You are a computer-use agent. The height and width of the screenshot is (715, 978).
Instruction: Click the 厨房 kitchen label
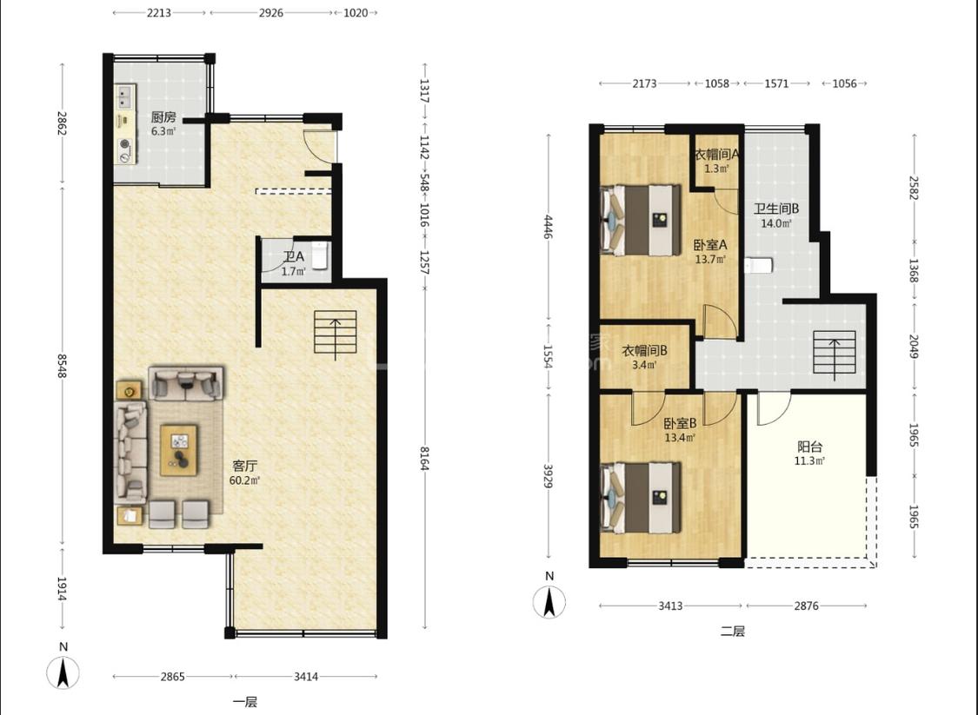coord(163,116)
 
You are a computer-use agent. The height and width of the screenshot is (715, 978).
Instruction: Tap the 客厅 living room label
coord(245,466)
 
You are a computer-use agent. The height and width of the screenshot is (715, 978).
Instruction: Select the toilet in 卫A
coord(319,255)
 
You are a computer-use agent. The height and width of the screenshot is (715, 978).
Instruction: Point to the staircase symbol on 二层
coord(835,354)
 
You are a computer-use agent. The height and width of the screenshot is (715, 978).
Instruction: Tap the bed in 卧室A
coord(641,220)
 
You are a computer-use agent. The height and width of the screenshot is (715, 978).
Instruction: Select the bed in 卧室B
coord(641,498)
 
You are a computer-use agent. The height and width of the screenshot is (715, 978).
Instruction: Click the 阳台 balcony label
coord(810,447)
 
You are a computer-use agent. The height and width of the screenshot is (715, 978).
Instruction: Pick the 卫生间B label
coord(776,209)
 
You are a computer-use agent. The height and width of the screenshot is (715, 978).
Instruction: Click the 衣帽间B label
coord(644,351)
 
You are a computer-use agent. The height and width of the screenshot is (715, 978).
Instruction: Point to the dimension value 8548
coord(63,365)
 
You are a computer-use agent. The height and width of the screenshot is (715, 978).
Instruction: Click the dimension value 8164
coord(424,458)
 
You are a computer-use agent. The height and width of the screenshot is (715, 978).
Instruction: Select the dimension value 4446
coord(549,227)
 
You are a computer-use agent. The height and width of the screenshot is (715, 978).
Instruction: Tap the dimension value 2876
coord(806,606)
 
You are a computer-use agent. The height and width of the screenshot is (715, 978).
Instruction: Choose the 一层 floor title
coord(245,702)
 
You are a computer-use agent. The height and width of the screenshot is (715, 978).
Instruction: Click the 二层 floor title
coord(732,631)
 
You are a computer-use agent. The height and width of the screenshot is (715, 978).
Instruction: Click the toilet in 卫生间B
coord(758,266)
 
